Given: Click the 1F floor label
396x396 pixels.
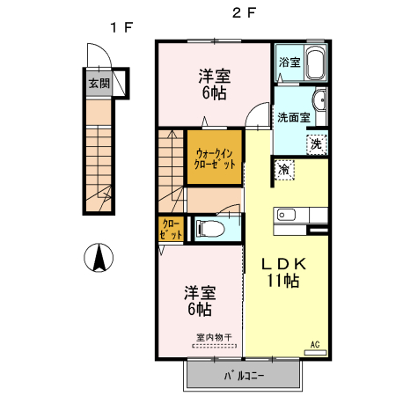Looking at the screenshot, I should coord(121,26).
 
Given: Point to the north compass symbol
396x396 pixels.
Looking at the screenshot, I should coord(99,258).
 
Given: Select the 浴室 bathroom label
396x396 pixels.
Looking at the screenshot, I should coord(290,62).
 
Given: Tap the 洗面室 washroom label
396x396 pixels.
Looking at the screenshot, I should coord(293,117).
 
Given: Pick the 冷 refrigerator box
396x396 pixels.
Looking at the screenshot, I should coord(284,168).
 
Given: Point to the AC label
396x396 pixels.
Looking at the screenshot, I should coord(315,344).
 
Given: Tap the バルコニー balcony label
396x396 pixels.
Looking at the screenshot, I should coord(243,377).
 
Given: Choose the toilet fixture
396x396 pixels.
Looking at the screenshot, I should coord(211,229).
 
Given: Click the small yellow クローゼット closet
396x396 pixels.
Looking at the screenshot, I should coord(170,230).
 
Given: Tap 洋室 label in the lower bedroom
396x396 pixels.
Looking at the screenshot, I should coord(199,292).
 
